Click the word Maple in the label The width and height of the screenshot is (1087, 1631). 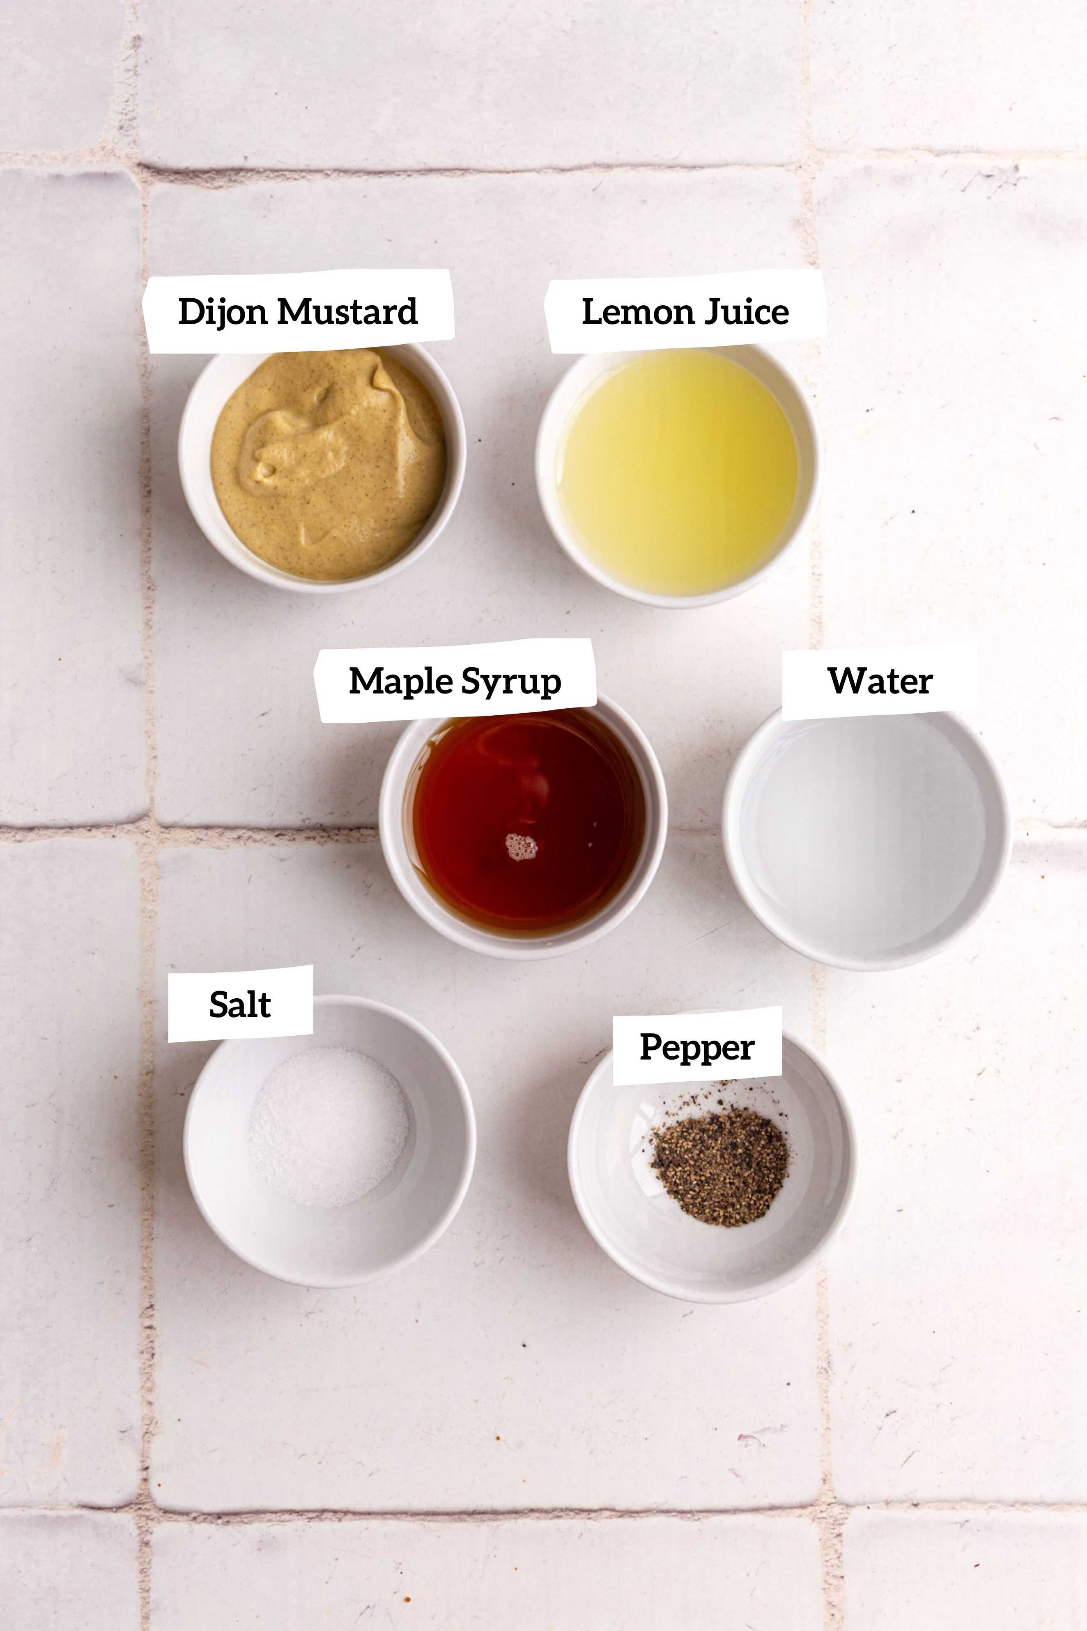401,681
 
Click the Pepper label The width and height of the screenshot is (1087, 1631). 697,1047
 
